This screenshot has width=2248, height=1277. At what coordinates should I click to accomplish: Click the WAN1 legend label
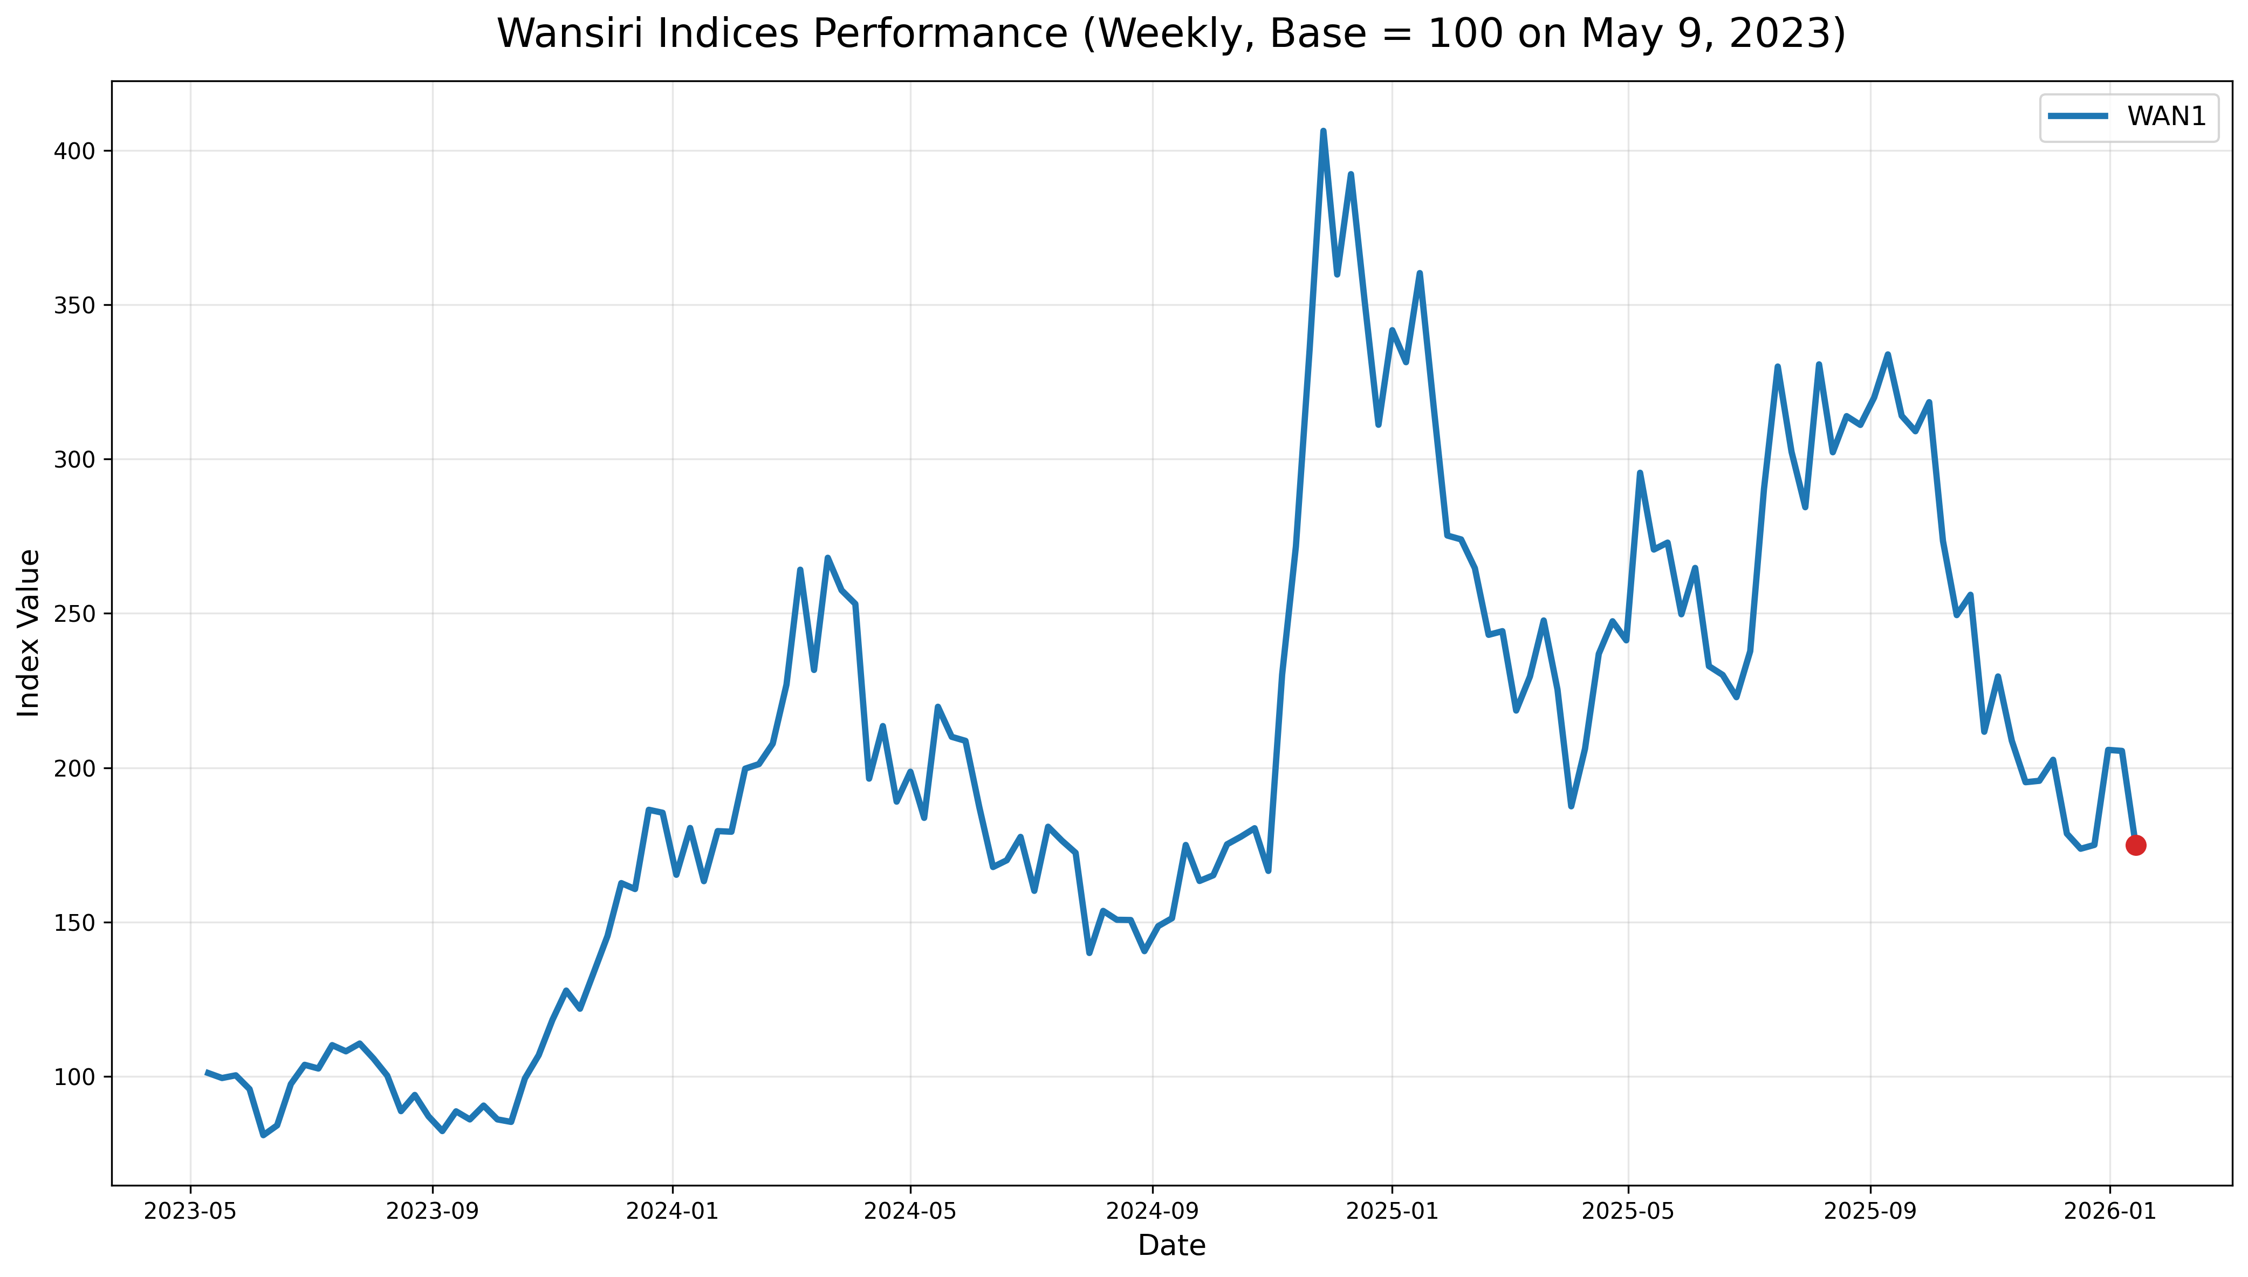(x=2167, y=116)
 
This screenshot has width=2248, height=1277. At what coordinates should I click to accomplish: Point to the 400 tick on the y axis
(x=74, y=151)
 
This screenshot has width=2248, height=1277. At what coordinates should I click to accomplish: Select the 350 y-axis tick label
(x=74, y=305)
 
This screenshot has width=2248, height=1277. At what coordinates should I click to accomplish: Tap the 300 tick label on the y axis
(x=74, y=459)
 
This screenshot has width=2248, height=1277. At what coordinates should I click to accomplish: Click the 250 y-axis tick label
(x=74, y=614)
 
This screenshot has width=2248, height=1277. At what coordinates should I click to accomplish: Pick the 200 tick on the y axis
(x=74, y=768)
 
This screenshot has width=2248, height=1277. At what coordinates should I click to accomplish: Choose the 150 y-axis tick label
(x=74, y=923)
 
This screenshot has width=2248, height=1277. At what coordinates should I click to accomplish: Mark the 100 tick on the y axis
(x=74, y=1077)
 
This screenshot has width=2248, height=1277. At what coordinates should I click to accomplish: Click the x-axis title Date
(x=1171, y=1245)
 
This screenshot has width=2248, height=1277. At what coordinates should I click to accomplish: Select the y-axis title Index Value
(x=29, y=633)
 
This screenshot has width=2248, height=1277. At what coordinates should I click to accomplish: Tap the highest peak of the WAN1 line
(x=1322, y=132)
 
